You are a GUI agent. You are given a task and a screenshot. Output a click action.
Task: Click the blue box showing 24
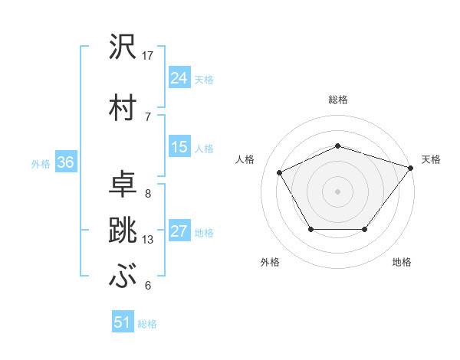coord(179,77)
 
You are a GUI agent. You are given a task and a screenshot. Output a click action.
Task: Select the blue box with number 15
coord(179,147)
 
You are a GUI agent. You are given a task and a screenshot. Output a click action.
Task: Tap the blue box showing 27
coord(179,232)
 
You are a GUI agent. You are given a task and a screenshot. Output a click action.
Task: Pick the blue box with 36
coord(65,162)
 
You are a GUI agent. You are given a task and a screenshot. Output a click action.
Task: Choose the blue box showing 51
coord(123,322)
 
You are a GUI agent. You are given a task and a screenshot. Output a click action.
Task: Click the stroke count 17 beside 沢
coord(149,56)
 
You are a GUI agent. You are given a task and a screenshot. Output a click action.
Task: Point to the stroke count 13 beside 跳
coord(149,240)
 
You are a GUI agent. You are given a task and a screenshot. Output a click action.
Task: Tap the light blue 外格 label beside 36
coord(41,163)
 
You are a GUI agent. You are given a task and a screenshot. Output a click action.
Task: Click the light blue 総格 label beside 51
coord(147,324)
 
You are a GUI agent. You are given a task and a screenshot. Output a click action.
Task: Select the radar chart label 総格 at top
coord(338,100)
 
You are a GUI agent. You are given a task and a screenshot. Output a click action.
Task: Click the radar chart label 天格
coord(431,159)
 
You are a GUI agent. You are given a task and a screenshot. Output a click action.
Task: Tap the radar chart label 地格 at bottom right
coord(402,262)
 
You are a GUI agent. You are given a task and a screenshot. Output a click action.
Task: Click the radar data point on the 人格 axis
coord(280,172)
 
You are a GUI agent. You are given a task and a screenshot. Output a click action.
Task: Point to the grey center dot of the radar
coord(338,191)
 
